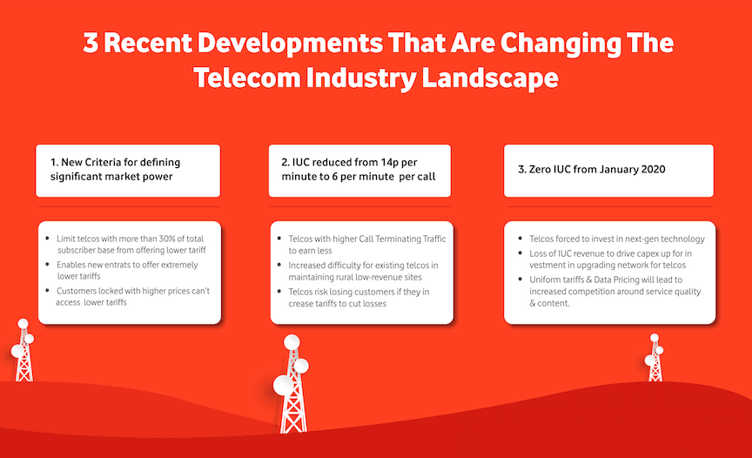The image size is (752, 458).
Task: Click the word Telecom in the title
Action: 247,78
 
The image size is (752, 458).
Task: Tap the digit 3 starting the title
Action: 91,43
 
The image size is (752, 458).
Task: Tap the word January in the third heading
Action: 619,170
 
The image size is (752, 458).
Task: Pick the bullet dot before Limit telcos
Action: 47,238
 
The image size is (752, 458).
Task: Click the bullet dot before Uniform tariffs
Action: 520,280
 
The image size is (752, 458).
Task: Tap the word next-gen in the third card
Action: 641,239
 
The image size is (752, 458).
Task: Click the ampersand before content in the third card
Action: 533,303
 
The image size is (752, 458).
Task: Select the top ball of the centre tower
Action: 292,342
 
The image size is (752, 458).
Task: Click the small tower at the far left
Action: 23,350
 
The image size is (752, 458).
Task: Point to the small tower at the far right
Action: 655,358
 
